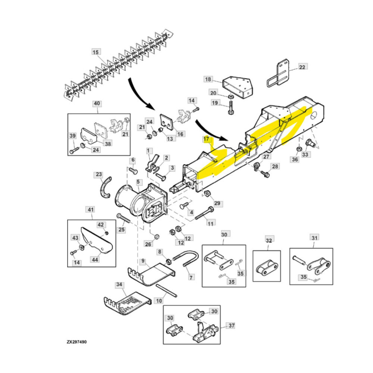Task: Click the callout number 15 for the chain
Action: click(96, 52)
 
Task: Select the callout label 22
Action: click(302, 67)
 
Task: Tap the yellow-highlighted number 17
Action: click(206, 139)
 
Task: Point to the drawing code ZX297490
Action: click(77, 342)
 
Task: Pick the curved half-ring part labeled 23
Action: click(106, 187)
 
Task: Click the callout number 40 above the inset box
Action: click(97, 104)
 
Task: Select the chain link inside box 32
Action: click(267, 268)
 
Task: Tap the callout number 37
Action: click(231, 325)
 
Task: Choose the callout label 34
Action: click(119, 285)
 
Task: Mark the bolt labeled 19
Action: click(231, 108)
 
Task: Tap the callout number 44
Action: click(95, 260)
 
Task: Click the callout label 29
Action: click(217, 204)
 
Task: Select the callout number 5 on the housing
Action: click(138, 182)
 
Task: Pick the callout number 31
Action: click(314, 238)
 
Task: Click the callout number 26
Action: click(148, 244)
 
